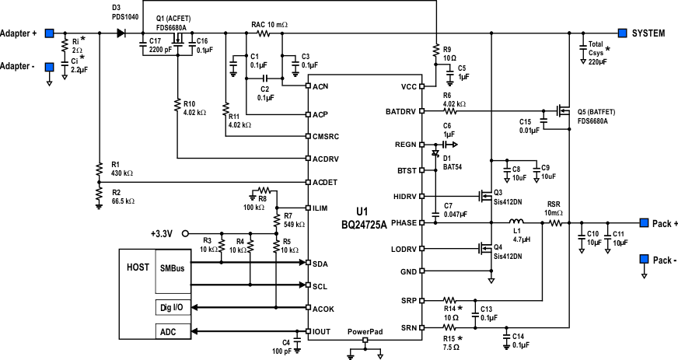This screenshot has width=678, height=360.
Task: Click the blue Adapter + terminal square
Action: tap(49, 33)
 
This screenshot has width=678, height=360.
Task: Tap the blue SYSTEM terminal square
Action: tap(623, 33)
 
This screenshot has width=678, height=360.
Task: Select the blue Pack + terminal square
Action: tap(644, 223)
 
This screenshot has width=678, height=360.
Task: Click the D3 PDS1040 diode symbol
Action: tap(121, 33)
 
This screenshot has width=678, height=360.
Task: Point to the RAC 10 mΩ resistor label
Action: tap(269, 25)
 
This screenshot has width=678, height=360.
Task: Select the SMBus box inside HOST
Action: tap(172, 267)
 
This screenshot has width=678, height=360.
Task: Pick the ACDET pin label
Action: tap(324, 183)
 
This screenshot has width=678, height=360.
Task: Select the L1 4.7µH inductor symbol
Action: tap(516, 222)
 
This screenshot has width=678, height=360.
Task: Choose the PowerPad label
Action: tap(365, 330)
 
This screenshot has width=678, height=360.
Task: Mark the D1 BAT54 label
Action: tap(454, 161)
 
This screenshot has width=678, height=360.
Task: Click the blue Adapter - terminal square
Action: tap(49, 66)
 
